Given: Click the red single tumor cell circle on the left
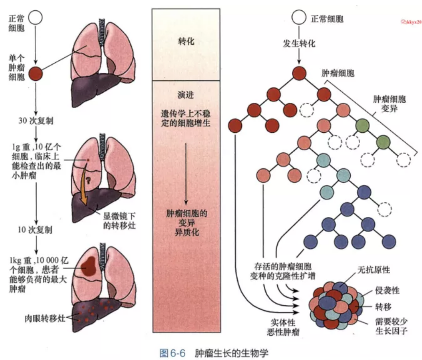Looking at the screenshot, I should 36,74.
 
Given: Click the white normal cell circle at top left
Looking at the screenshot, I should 36,19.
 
